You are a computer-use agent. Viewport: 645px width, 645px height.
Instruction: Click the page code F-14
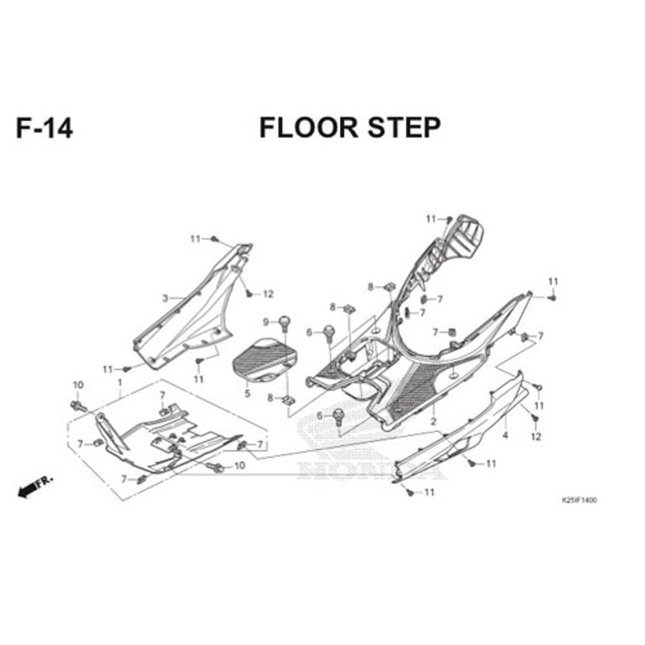pyautogui.click(x=45, y=128)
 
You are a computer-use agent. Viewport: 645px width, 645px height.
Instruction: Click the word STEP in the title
pyautogui.click(x=404, y=128)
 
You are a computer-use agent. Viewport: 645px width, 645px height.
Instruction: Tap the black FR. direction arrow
pyautogui.click(x=35, y=486)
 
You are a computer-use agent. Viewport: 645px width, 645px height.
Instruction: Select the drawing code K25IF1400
pyautogui.click(x=579, y=501)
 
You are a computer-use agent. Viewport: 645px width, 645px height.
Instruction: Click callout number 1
pyautogui.click(x=120, y=383)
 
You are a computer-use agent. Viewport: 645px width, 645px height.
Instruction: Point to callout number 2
pyautogui.click(x=433, y=422)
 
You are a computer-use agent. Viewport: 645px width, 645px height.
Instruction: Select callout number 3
pyautogui.click(x=165, y=298)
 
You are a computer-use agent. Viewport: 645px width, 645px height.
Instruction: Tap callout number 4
pyautogui.click(x=505, y=434)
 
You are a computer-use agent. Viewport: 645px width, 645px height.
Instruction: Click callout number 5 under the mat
pyautogui.click(x=247, y=394)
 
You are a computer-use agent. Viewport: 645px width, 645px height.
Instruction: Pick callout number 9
pyautogui.click(x=265, y=322)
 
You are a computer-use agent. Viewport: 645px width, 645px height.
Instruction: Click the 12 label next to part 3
pyautogui.click(x=268, y=294)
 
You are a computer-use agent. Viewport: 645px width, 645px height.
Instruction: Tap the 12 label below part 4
pyautogui.click(x=536, y=436)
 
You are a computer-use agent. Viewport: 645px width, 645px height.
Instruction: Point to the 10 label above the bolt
pyautogui.click(x=78, y=385)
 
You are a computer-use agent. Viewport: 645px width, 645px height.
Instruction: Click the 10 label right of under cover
pyautogui.click(x=239, y=465)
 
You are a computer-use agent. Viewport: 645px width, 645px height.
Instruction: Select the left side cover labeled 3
pyautogui.click(x=192, y=306)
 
